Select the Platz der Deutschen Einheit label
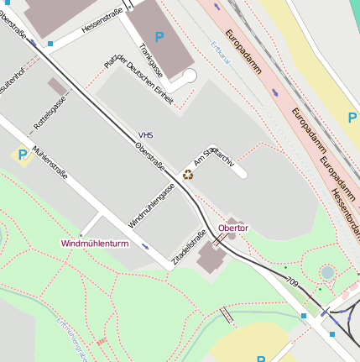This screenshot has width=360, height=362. pyautogui.click(x=139, y=81)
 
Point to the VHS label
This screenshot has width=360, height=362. pyautogui.click(x=146, y=134)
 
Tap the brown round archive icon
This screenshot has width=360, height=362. pyautogui.click(x=188, y=175)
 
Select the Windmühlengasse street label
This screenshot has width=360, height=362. pyautogui.click(x=152, y=206)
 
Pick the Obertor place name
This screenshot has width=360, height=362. pyautogui.click(x=232, y=228)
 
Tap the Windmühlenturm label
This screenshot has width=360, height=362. pyautogui.click(x=95, y=243)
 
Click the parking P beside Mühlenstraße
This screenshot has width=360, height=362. pyautogui.click(x=22, y=155)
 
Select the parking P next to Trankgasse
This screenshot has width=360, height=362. pyautogui.click(x=159, y=38)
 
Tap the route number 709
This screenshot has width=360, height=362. pyautogui.click(x=292, y=281)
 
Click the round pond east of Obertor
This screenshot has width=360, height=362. pyautogui.click(x=326, y=273)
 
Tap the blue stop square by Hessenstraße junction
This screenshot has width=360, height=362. pyautogui.click(x=51, y=43)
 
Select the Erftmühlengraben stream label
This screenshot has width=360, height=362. pyautogui.click(x=72, y=338)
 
